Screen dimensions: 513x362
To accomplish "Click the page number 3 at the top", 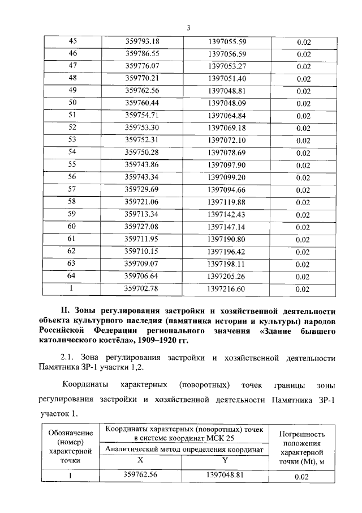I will (189, 28).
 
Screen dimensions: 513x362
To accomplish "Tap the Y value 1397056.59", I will (226, 54).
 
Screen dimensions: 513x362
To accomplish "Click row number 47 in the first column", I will (72, 66).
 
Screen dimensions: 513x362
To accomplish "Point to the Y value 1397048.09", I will (226, 103).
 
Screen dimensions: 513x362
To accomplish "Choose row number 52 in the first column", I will (72, 128).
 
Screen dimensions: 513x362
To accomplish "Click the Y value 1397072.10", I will (226, 140).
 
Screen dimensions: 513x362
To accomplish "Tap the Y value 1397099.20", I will (226, 177).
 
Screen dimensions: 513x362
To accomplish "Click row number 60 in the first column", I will (72, 226).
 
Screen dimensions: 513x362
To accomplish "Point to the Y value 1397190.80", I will (226, 239).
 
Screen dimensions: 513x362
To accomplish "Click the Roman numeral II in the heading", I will (65, 311).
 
